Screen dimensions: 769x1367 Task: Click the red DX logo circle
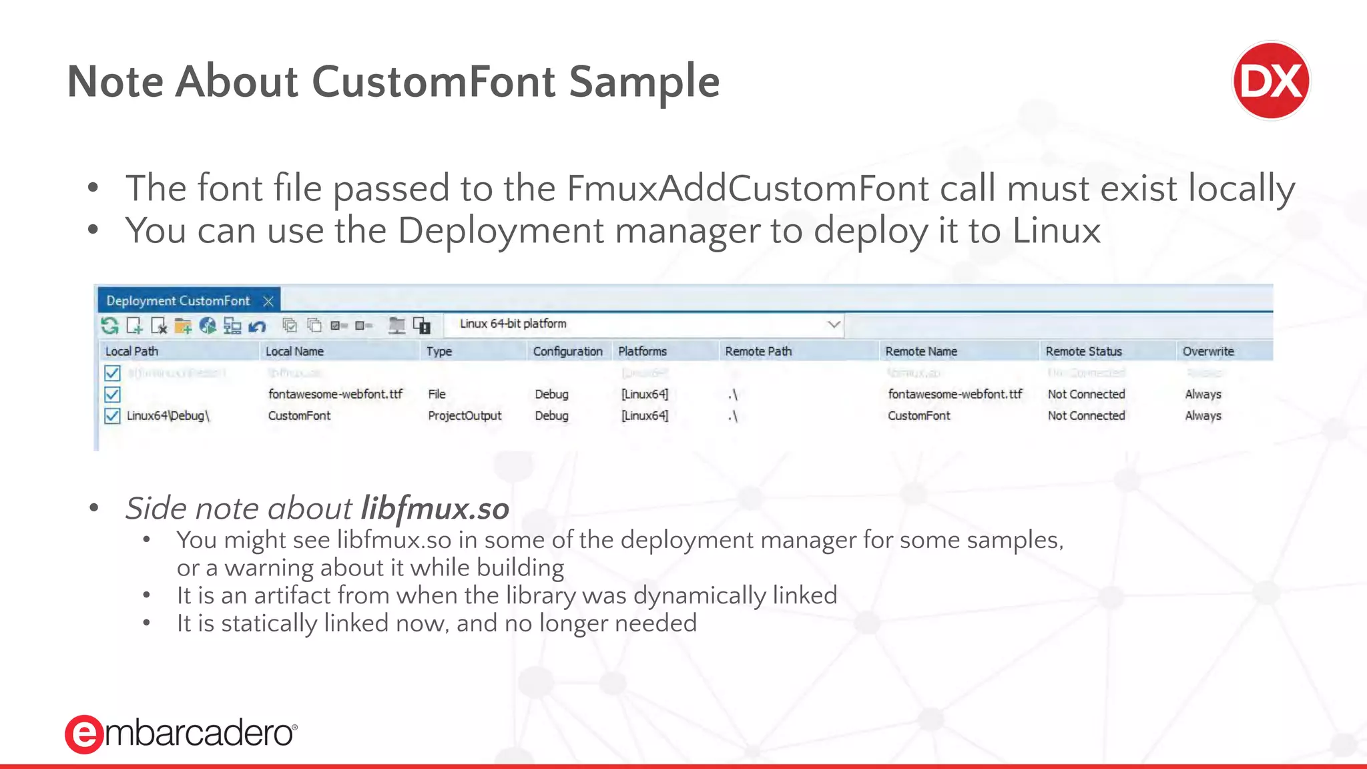click(x=1271, y=81)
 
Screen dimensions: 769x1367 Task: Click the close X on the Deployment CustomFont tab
click(x=268, y=301)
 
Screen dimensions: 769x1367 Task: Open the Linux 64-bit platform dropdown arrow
click(x=834, y=324)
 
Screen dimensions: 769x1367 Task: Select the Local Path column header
click(x=132, y=351)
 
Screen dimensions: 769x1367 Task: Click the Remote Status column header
click(x=1083, y=351)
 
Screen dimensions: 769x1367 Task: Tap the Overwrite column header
click(x=1208, y=351)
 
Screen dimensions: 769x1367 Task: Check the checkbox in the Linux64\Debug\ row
click(x=112, y=416)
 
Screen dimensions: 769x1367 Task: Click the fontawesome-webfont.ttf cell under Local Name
click(x=335, y=395)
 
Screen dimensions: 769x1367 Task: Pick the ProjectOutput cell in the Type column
click(x=465, y=416)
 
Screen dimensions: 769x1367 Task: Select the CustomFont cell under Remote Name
click(x=918, y=416)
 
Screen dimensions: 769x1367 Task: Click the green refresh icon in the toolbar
click(x=109, y=326)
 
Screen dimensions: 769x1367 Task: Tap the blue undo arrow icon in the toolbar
click(x=257, y=326)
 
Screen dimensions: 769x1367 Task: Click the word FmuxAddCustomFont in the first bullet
click(x=747, y=188)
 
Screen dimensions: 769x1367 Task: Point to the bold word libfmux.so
click(x=435, y=509)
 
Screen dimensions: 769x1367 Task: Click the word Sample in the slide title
click(x=644, y=81)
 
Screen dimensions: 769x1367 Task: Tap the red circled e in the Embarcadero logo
click(x=83, y=734)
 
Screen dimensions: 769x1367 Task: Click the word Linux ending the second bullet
click(x=1056, y=231)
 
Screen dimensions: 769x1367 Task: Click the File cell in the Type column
click(x=437, y=395)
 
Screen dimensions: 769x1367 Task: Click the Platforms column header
click(x=642, y=351)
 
